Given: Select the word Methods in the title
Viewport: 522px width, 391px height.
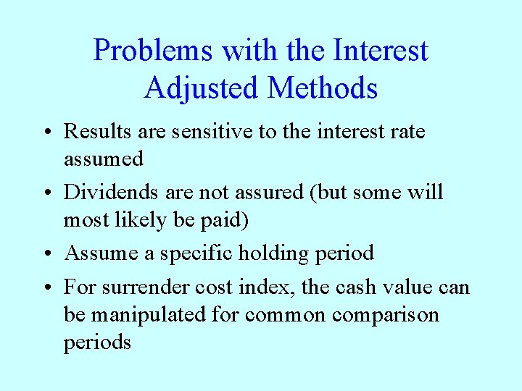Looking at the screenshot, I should (x=322, y=88).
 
